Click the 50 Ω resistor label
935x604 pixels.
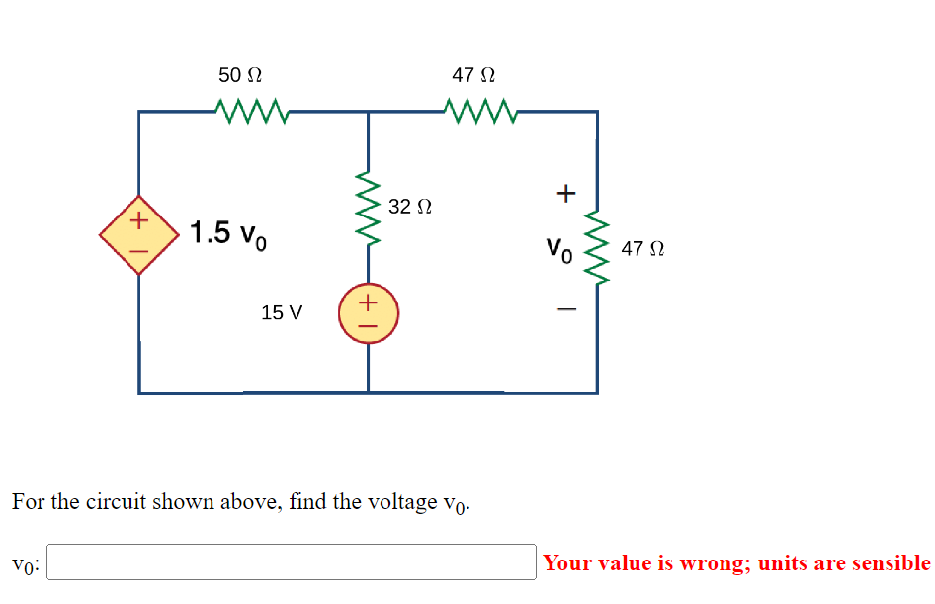click(240, 75)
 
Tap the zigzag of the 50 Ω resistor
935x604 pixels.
click(250, 111)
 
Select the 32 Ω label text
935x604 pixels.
click(410, 207)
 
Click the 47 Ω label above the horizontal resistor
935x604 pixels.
click(473, 75)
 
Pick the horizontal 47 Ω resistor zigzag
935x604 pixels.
click(480, 111)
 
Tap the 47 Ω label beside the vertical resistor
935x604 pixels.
click(642, 249)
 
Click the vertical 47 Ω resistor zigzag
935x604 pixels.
click(597, 247)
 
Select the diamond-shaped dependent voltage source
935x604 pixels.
click(138, 234)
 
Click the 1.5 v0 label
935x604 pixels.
click(227, 234)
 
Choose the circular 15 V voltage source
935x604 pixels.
click(368, 311)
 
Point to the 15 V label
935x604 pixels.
click(282, 313)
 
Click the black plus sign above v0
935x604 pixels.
click(564, 192)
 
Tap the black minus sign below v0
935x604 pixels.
click(564, 310)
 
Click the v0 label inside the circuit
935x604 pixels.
click(558, 248)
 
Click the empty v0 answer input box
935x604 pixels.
click(292, 562)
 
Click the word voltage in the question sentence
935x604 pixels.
click(403, 501)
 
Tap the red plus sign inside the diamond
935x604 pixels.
click(139, 219)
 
